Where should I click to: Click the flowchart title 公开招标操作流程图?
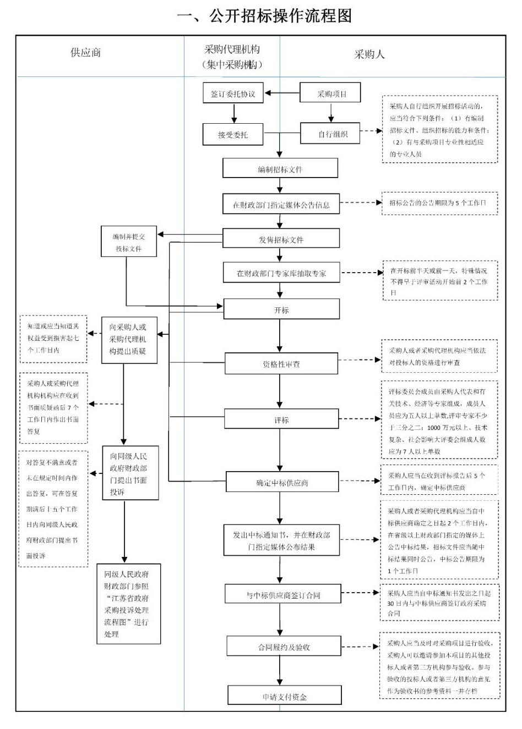264,15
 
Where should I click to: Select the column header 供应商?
86,53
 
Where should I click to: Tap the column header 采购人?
369,54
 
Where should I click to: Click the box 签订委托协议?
233,93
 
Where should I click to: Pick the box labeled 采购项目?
330,93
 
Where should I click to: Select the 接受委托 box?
233,134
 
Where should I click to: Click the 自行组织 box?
330,134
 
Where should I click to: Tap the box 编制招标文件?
280,169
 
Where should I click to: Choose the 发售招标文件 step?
281,239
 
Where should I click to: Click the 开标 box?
281,310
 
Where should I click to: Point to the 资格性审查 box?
281,364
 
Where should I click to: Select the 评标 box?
281,419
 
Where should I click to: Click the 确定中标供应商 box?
281,482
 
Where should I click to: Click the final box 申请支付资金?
284,696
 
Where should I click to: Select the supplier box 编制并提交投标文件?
128,242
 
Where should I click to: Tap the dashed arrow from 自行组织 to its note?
371,131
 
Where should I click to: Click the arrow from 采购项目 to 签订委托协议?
281,93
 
